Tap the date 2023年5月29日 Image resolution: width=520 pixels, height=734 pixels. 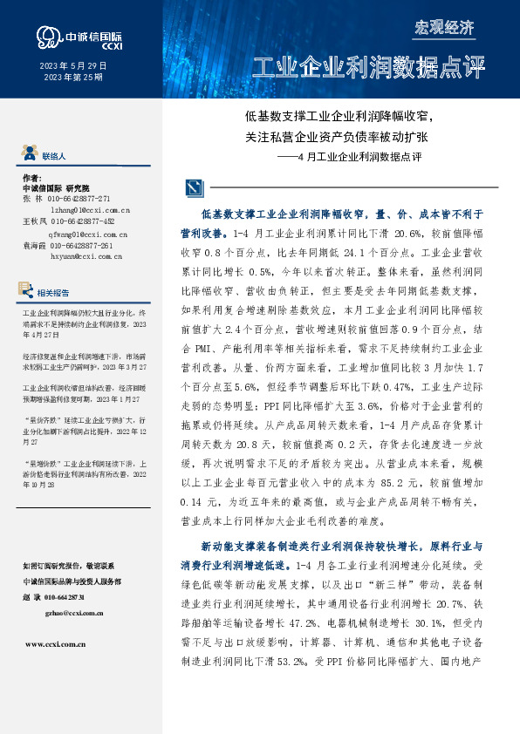point(72,66)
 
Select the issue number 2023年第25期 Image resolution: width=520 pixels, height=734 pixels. point(72,78)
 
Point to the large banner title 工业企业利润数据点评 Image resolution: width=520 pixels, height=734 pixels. point(367,67)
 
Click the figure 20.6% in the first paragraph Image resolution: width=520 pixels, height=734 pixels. point(407,234)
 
